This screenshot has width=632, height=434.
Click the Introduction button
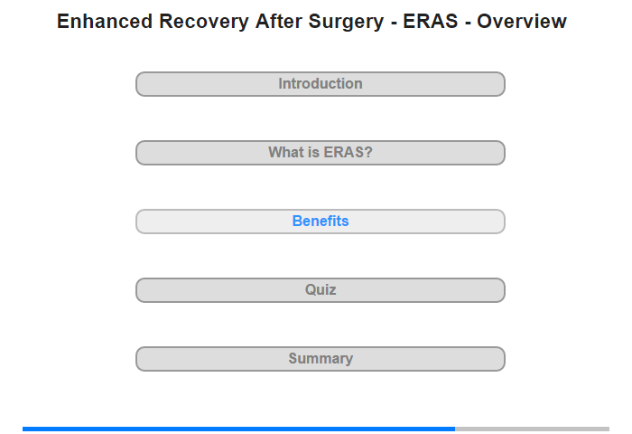click(x=321, y=84)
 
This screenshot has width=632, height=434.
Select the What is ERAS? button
click(x=321, y=153)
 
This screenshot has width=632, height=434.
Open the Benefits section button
click(x=321, y=222)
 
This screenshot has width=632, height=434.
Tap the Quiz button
click(x=321, y=290)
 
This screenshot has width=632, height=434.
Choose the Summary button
click(x=321, y=359)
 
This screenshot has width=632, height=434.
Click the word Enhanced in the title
click(x=105, y=21)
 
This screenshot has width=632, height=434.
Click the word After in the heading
click(x=278, y=21)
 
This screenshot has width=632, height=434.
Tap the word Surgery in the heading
click(x=346, y=23)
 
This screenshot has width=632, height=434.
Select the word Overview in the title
click(x=522, y=21)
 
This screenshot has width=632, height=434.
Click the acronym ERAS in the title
click(x=431, y=21)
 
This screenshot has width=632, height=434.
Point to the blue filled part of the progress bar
click(x=238, y=429)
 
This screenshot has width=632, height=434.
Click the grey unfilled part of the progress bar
click(x=532, y=429)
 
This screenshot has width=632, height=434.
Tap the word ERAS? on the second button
click(x=348, y=152)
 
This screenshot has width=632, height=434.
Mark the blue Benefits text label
click(x=321, y=221)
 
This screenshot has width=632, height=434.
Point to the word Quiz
click(x=321, y=290)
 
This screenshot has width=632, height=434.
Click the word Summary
click(x=321, y=359)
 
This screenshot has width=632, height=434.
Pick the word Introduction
click(x=321, y=83)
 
